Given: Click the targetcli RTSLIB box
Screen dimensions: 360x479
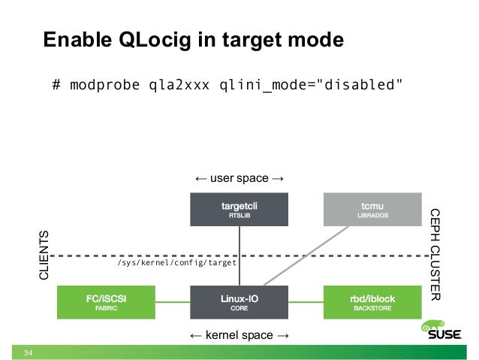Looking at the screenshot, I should pos(239,209).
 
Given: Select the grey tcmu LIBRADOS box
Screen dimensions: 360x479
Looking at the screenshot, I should pos(371,209).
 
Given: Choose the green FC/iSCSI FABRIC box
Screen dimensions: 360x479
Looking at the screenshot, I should pos(106,302).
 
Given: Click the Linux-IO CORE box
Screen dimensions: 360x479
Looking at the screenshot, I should pos(239,302).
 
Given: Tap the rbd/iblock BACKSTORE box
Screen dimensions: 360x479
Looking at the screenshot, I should pos(371,302).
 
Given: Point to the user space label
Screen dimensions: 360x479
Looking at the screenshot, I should pos(239,179).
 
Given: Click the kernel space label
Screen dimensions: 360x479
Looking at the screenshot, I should pos(239,334).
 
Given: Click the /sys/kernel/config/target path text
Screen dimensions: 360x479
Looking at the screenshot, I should pos(177,264).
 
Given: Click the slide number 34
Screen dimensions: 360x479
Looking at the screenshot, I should pos(29,352).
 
